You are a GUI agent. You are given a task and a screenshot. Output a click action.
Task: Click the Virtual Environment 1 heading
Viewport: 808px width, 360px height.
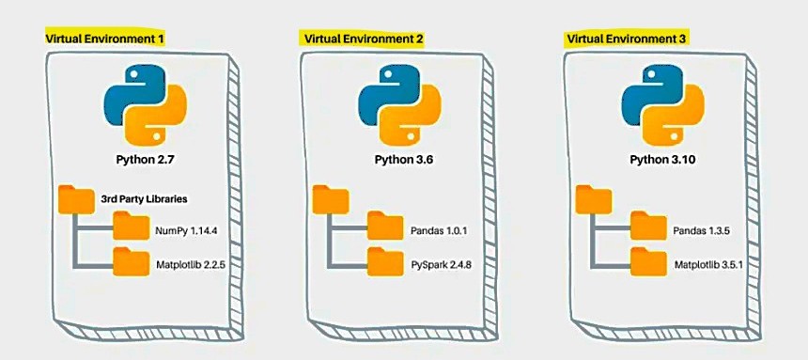[105, 39]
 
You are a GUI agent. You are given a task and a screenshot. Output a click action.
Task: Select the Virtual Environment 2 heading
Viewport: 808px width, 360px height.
[362, 39]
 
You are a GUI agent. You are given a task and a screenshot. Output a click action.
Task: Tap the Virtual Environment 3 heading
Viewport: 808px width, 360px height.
[625, 39]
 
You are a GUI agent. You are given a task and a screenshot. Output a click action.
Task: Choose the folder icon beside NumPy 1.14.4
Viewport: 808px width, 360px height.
[131, 226]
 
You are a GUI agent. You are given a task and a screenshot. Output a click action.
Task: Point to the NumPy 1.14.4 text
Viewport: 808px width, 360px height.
[190, 228]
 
